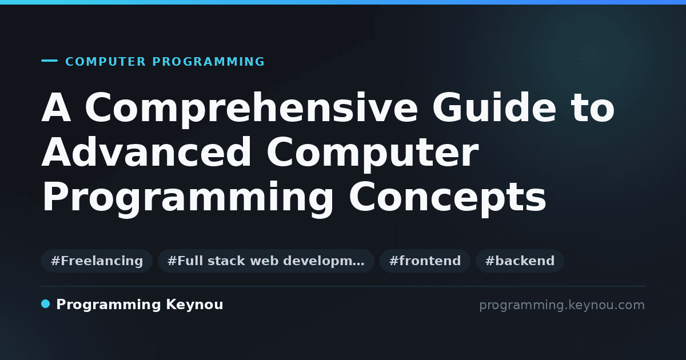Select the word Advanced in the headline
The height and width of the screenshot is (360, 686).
pyautogui.click(x=146, y=152)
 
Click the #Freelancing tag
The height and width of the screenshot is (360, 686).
pyautogui.click(x=97, y=261)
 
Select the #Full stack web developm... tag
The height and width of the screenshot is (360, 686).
pyautogui.click(x=266, y=261)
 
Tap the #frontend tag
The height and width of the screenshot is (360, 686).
pyautogui.click(x=425, y=261)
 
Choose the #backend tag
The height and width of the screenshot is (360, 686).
pyautogui.click(x=520, y=261)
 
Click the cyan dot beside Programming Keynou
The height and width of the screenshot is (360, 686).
pyautogui.click(x=45, y=304)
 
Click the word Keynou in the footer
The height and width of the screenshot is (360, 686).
pyautogui.click(x=194, y=305)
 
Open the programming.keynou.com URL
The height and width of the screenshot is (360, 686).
pyautogui.click(x=562, y=305)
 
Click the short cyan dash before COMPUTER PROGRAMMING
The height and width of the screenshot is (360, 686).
pyautogui.click(x=49, y=61)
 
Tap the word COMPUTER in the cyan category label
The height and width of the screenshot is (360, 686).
pyautogui.click(x=106, y=62)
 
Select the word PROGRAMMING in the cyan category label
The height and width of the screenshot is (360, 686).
pyautogui.click(x=209, y=62)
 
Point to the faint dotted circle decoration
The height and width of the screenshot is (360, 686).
pyautogui.click(x=590, y=56)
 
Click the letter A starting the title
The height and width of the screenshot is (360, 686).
pyautogui.click(x=57, y=107)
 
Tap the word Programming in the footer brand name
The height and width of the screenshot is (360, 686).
pyautogui.click(x=109, y=305)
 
